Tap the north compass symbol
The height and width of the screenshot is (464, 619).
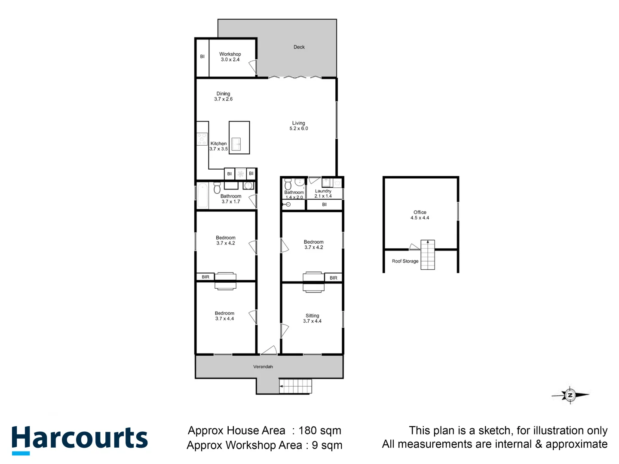pos(570,395)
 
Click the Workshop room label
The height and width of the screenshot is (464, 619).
pos(230,54)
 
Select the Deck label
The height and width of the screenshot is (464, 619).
pos(299,47)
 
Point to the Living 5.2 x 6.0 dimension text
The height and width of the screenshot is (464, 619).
pos(299,128)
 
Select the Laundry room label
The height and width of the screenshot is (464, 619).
pos(323,191)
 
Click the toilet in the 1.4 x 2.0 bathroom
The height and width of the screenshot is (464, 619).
pos(288,185)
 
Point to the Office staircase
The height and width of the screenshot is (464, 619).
pos(428,254)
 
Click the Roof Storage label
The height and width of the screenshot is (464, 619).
pos(405,261)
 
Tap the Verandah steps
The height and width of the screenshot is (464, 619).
pos(295,386)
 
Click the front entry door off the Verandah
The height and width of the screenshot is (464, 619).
pos(269,351)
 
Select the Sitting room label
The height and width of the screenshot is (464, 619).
pos(313,315)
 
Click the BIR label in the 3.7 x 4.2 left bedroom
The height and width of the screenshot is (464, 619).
pos(205,277)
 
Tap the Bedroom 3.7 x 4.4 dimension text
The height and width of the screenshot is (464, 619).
pos(225,319)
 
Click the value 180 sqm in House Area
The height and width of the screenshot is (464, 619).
pos(320,430)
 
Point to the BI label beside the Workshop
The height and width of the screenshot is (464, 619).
pos(202,57)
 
